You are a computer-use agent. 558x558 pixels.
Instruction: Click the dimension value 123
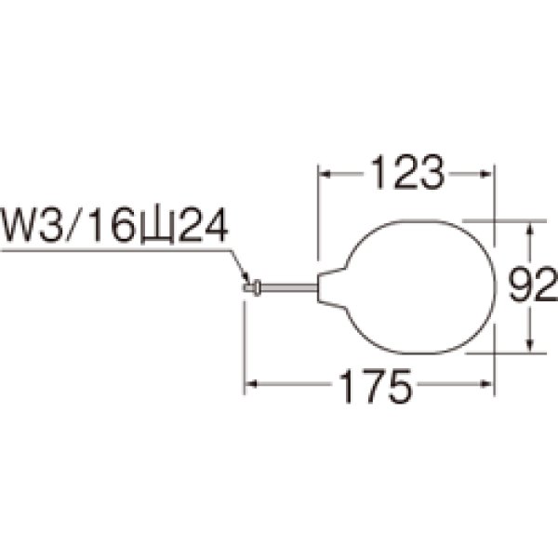[408, 172]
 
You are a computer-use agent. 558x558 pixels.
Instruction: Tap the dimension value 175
[375, 386]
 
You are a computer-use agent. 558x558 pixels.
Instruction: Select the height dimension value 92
[532, 286]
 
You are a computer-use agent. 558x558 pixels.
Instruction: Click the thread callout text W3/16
[68, 225]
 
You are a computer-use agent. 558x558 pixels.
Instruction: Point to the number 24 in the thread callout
[203, 225]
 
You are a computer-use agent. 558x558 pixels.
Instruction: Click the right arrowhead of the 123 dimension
[486, 175]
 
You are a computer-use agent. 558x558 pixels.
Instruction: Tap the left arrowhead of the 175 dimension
[251, 384]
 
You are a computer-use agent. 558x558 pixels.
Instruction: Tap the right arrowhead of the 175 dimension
[486, 384]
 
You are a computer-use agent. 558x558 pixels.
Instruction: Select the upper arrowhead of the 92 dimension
[530, 229]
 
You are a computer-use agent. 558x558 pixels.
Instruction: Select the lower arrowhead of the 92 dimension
[530, 345]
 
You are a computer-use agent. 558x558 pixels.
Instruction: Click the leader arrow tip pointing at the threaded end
[247, 281]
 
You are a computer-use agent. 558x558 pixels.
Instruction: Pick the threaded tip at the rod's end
[247, 286]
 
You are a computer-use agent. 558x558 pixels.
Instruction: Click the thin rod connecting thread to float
[289, 287]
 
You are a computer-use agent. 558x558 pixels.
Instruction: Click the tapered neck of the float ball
[331, 286]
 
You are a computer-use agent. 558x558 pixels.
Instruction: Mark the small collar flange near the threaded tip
[257, 287]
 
